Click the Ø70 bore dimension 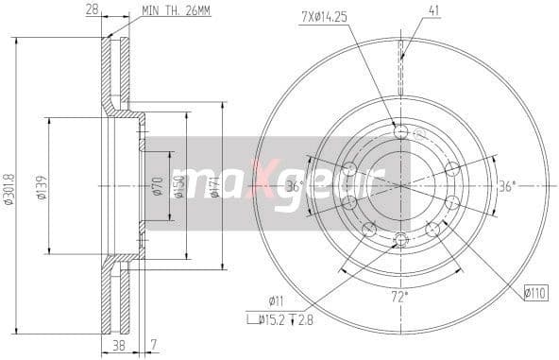[158, 186]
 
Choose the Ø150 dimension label [178, 186]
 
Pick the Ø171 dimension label [215, 186]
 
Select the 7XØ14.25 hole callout [325, 15]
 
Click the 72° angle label [399, 297]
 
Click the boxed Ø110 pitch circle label [536, 293]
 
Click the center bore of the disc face [400, 185]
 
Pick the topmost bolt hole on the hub [400, 131]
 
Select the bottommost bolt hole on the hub [400, 238]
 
